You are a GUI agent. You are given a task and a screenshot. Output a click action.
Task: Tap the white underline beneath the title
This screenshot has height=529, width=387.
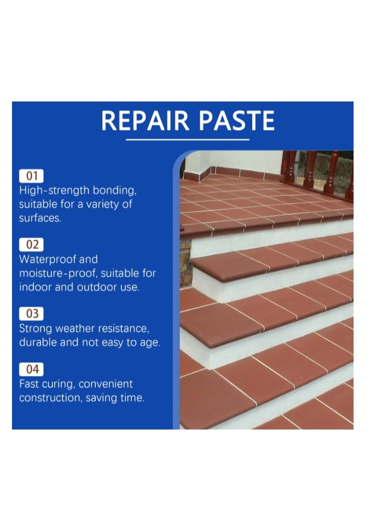point(187,139)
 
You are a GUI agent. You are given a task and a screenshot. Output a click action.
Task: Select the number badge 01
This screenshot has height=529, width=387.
point(31,176)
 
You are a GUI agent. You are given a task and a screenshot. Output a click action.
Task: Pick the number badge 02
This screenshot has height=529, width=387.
point(31,245)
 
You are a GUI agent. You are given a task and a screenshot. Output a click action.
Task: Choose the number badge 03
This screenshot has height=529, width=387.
point(31,314)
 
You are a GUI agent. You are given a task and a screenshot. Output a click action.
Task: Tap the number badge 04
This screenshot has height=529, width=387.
point(31,369)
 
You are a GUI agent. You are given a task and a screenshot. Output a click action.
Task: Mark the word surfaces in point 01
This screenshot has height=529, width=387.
point(40,218)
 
